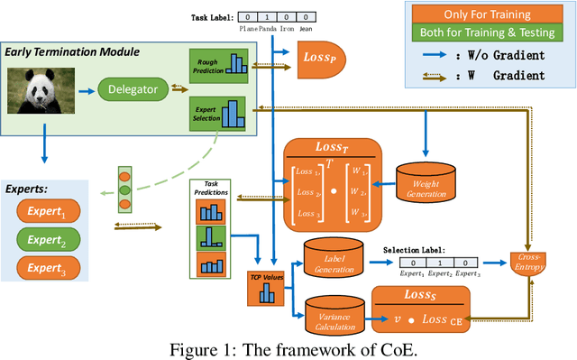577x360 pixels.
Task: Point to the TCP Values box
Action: click(x=264, y=287)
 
